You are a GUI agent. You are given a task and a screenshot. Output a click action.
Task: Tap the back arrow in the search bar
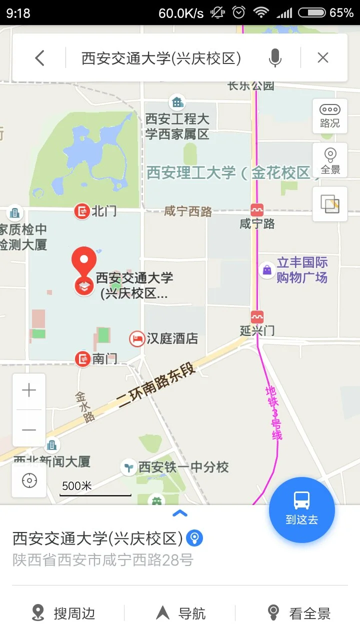coord(40,58)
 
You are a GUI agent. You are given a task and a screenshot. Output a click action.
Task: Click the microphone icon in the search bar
coord(275,58)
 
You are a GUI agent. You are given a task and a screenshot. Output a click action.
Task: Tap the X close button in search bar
coord(323,58)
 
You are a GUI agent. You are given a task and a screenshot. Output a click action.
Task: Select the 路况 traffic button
coord(330,116)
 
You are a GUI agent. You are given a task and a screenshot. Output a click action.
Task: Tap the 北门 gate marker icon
coord(81,211)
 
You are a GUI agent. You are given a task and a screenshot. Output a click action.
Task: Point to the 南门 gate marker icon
coord(82,358)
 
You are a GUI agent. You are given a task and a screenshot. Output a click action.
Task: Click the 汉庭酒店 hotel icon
coord(136,339)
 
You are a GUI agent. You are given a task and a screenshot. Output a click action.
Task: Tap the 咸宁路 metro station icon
coord(257,210)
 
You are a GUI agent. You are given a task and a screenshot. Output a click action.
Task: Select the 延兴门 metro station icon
coord(257,316)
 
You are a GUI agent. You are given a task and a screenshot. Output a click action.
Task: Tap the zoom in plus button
coord(29,390)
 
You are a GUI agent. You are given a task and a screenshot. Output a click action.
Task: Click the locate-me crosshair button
coord(29,480)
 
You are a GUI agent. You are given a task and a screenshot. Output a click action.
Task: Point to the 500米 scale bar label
coord(77,486)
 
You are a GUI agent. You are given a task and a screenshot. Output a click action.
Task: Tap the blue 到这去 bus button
coord(302,509)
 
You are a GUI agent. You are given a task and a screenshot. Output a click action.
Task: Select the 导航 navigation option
coord(181,613)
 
